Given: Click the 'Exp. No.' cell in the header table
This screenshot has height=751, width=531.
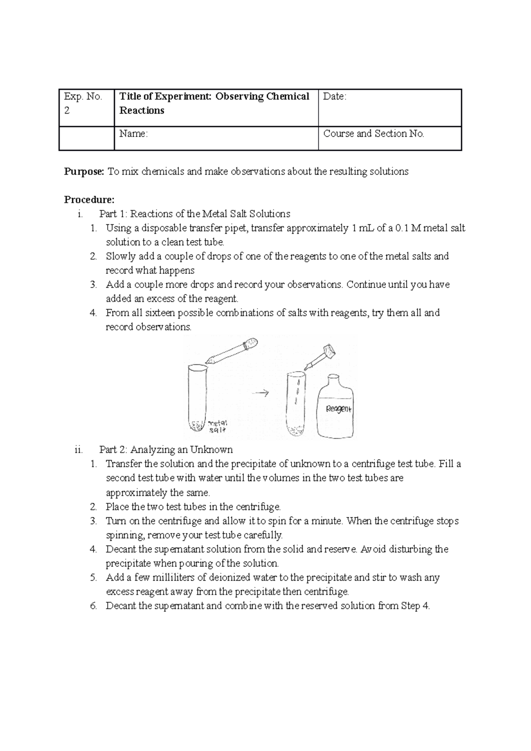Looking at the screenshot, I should (83, 96).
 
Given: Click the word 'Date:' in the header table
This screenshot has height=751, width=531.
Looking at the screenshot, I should (335, 96).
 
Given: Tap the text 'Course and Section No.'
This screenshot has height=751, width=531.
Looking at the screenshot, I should (373, 134).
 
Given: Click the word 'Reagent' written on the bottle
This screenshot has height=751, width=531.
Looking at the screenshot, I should (339, 409).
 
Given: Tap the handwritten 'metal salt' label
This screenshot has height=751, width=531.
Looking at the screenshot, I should (218, 426).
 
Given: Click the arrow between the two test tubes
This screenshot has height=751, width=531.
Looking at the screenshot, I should (262, 393).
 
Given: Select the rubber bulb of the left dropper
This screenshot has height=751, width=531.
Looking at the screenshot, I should (251, 344).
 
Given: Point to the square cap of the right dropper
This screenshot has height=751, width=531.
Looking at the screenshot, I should (329, 351).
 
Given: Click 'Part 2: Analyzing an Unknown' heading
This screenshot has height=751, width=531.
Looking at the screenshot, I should (166, 450).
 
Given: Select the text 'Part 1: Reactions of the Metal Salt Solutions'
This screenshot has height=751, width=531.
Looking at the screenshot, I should (195, 214).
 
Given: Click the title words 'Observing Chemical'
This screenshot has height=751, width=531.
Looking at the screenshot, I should (262, 96).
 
